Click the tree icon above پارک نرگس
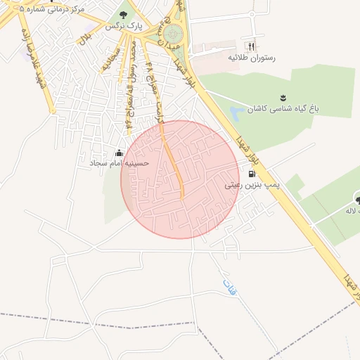click(124, 14)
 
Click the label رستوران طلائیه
click(251, 58)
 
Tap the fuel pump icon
click(252, 174)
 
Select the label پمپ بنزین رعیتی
click(252, 186)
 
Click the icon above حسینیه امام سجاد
click(120, 153)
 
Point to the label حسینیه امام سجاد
click(116, 163)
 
